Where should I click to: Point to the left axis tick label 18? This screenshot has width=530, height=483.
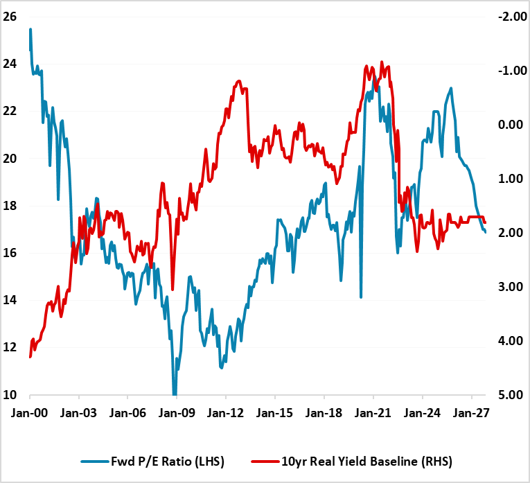pos(11,206)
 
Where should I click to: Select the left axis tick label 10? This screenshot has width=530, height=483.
pos(11,395)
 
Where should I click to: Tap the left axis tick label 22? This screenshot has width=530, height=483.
pos(11,111)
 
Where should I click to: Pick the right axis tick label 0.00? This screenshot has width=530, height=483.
pos(510,125)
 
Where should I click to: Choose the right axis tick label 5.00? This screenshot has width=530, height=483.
pos(510,395)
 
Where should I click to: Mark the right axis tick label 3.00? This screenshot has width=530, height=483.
pos(510,287)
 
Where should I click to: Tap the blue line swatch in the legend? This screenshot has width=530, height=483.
pos(94,460)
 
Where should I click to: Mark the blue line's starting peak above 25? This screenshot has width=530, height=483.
pos(30,29)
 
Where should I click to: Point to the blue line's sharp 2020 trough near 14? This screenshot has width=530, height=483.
pos(361,297)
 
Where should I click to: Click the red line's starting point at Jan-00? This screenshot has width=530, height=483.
pos(30,357)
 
